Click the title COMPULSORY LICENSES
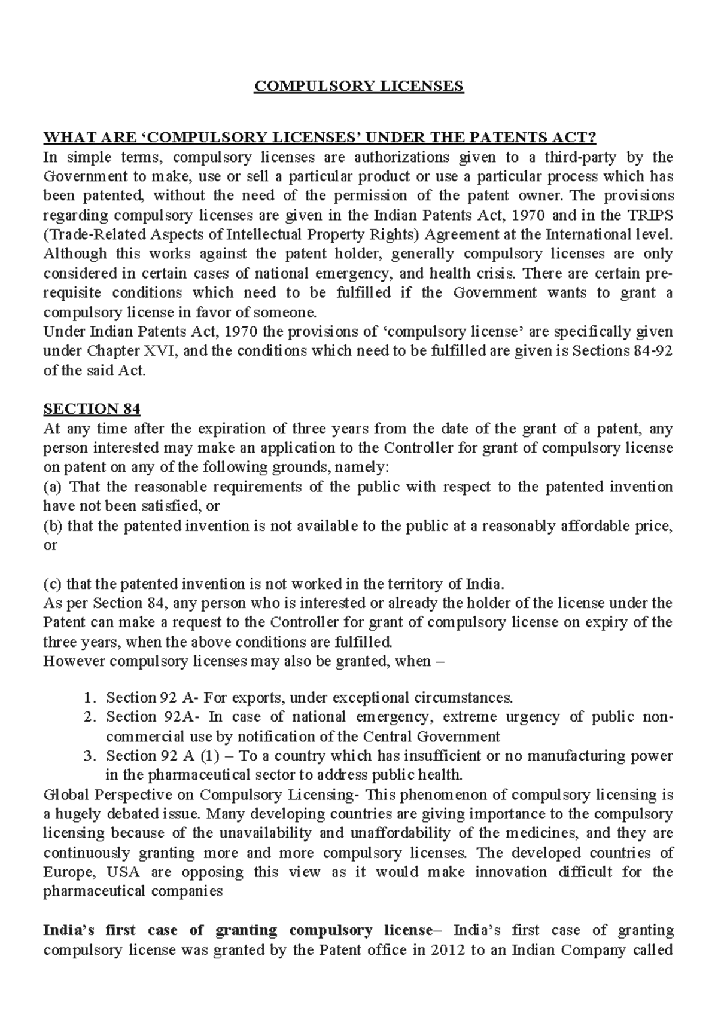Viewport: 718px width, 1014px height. pos(359,86)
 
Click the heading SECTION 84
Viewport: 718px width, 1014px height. pos(92,409)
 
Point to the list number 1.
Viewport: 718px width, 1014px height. pos(89,698)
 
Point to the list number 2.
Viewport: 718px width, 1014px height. pos(89,717)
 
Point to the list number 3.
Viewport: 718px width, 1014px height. pos(89,756)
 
